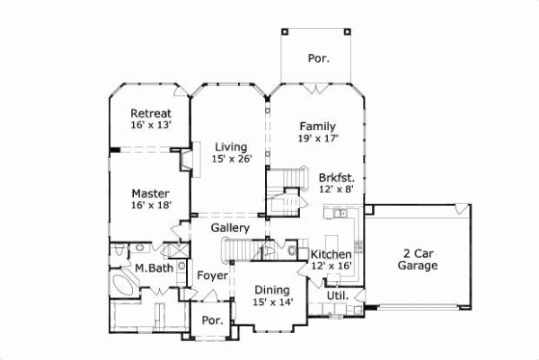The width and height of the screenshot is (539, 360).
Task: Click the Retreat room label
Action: pyautogui.click(x=150, y=113)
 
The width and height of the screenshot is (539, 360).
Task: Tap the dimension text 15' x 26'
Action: pyautogui.click(x=231, y=159)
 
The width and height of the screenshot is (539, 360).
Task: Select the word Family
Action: pyautogui.click(x=317, y=126)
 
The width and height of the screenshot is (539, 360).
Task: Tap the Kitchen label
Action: pyautogui.click(x=331, y=254)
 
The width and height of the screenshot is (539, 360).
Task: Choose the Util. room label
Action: pyautogui.click(x=337, y=294)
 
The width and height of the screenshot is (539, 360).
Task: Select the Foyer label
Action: pyautogui.click(x=212, y=276)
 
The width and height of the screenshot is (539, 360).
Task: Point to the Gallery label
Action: pyautogui.click(x=230, y=229)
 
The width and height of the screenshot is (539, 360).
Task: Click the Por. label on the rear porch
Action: pyautogui.click(x=319, y=58)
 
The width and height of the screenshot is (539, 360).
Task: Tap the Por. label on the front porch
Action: pyautogui.click(x=211, y=320)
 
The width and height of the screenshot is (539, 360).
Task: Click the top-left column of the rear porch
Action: pyautogui.click(x=286, y=30)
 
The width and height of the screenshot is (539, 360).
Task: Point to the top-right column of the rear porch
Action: pyautogui.click(x=351, y=30)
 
